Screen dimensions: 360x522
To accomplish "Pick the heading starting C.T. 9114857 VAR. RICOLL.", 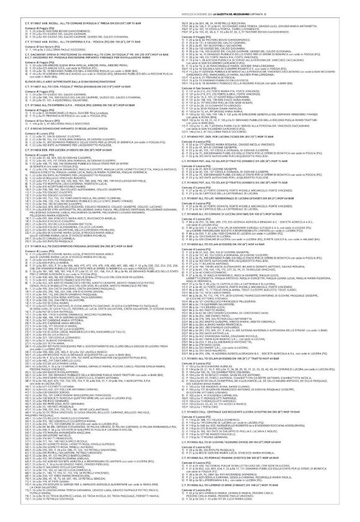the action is (x=81, y=22).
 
